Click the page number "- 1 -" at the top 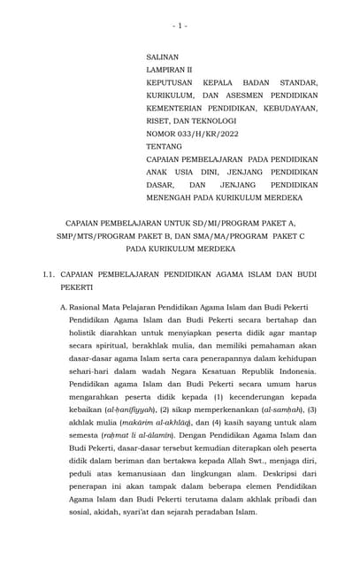pos(180,26)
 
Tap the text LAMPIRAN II pos(169,69)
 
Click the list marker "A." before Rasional pos(65,305)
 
